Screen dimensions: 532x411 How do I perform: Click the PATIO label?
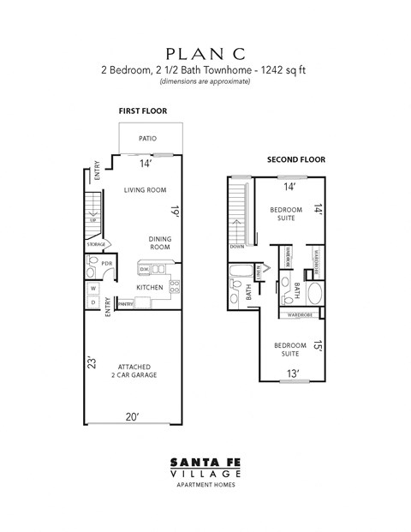(x=149, y=138)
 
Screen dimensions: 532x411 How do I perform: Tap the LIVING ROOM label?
(x=145, y=190)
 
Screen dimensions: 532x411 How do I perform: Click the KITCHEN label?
(x=150, y=287)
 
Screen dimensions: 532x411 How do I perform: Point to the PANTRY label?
(x=125, y=303)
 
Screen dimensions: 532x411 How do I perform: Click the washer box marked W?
(x=92, y=287)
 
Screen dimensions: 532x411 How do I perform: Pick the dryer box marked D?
(x=92, y=302)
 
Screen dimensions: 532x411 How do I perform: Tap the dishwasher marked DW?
(x=145, y=269)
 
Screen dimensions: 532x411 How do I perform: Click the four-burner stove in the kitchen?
(x=175, y=287)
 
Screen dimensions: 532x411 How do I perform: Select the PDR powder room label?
(x=107, y=263)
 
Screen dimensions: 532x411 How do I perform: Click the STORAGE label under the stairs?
(x=96, y=245)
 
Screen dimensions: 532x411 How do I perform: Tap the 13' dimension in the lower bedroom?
(x=293, y=374)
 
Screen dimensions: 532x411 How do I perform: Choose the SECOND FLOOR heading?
(x=296, y=159)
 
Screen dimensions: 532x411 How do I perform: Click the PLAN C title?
(x=205, y=53)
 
